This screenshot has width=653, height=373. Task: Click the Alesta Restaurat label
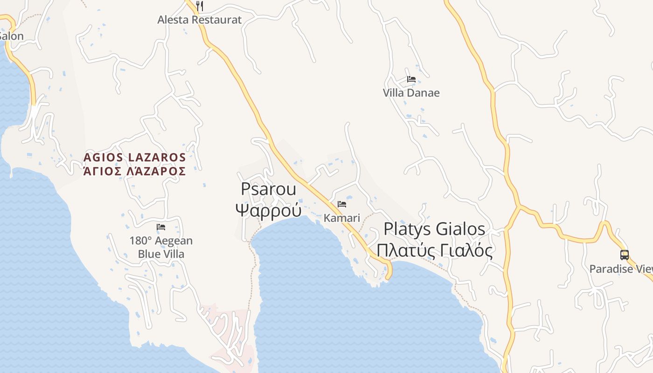click(x=200, y=20)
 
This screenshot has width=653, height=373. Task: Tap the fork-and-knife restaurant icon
click(x=200, y=6)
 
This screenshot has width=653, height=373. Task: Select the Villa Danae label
click(x=411, y=93)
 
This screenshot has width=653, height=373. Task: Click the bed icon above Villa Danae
click(x=411, y=79)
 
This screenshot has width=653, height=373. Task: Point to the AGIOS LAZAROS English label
click(x=135, y=157)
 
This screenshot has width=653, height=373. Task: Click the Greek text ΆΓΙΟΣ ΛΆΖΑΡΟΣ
click(x=135, y=171)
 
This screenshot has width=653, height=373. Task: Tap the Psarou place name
click(x=268, y=189)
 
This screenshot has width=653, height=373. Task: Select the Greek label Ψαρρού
click(x=268, y=210)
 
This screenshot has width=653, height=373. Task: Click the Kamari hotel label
click(x=342, y=218)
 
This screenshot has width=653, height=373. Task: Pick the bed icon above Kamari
click(x=342, y=204)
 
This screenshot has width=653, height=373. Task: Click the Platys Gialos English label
click(x=434, y=229)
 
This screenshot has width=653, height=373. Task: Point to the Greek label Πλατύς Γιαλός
click(x=434, y=251)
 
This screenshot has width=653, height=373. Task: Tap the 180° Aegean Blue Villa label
click(x=161, y=248)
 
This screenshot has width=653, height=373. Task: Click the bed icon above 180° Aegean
click(x=161, y=227)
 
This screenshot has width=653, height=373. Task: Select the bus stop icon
click(x=624, y=255)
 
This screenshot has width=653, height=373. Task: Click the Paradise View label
click(x=620, y=269)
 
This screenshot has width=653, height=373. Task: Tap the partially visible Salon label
click(x=11, y=36)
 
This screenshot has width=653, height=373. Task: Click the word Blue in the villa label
click(x=148, y=254)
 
